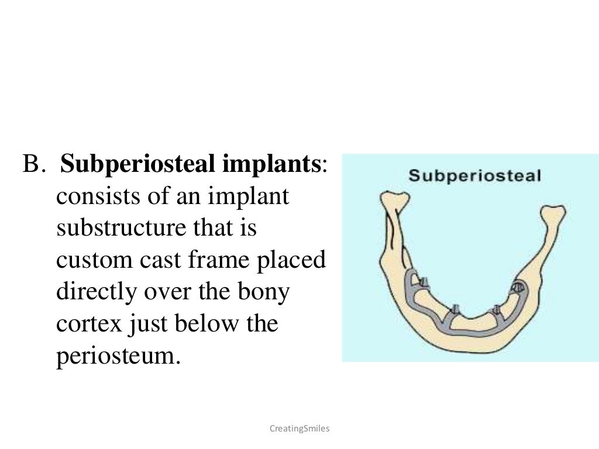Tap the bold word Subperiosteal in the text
(137, 165)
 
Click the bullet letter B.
(33, 165)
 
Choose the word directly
(95, 292)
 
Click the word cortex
(88, 323)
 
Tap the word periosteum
(116, 355)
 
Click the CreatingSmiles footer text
(299, 429)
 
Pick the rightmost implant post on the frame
(518, 287)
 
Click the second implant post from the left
(457, 308)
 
